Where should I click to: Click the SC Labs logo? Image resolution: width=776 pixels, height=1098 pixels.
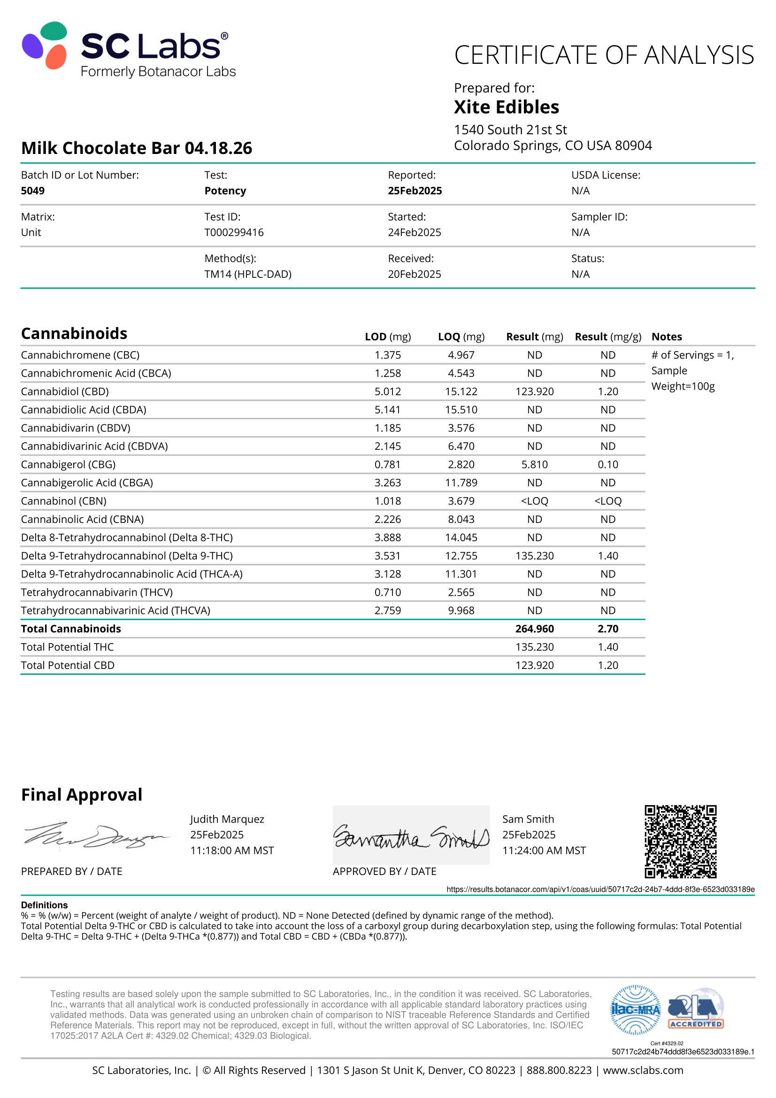[x=129, y=50]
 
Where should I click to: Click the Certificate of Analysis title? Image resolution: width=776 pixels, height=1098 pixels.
[x=604, y=55]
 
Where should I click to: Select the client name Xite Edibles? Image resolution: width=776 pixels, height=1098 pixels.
[x=507, y=107]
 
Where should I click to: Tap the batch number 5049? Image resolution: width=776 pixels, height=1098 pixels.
[x=32, y=191]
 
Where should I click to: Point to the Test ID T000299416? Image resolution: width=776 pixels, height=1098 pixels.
[x=234, y=232]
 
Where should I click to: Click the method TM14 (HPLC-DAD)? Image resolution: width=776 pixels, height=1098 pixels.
[x=248, y=274]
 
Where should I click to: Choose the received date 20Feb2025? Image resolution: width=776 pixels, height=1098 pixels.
[x=414, y=274]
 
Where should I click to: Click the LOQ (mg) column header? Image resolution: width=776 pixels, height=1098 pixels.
[x=461, y=337]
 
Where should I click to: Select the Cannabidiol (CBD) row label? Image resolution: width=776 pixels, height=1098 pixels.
[x=65, y=392]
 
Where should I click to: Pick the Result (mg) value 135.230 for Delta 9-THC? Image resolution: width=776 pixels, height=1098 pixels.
[x=534, y=556]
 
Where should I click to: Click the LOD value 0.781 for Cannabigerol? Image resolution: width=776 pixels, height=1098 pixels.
[x=387, y=464]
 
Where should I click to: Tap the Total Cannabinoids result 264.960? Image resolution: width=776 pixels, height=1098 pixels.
[x=534, y=629]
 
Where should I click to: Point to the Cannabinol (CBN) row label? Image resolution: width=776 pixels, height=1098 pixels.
[x=63, y=501]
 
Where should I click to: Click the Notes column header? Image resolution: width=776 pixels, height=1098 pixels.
[x=667, y=337]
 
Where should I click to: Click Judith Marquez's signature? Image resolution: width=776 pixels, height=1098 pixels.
[x=96, y=837]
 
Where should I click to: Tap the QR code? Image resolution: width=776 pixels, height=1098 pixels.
[x=680, y=841]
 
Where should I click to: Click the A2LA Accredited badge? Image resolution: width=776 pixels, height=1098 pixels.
[x=696, y=1010]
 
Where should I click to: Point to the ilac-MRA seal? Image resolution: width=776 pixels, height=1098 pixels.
[x=636, y=1010]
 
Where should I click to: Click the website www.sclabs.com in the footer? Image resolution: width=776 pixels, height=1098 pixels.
[x=643, y=1070]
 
